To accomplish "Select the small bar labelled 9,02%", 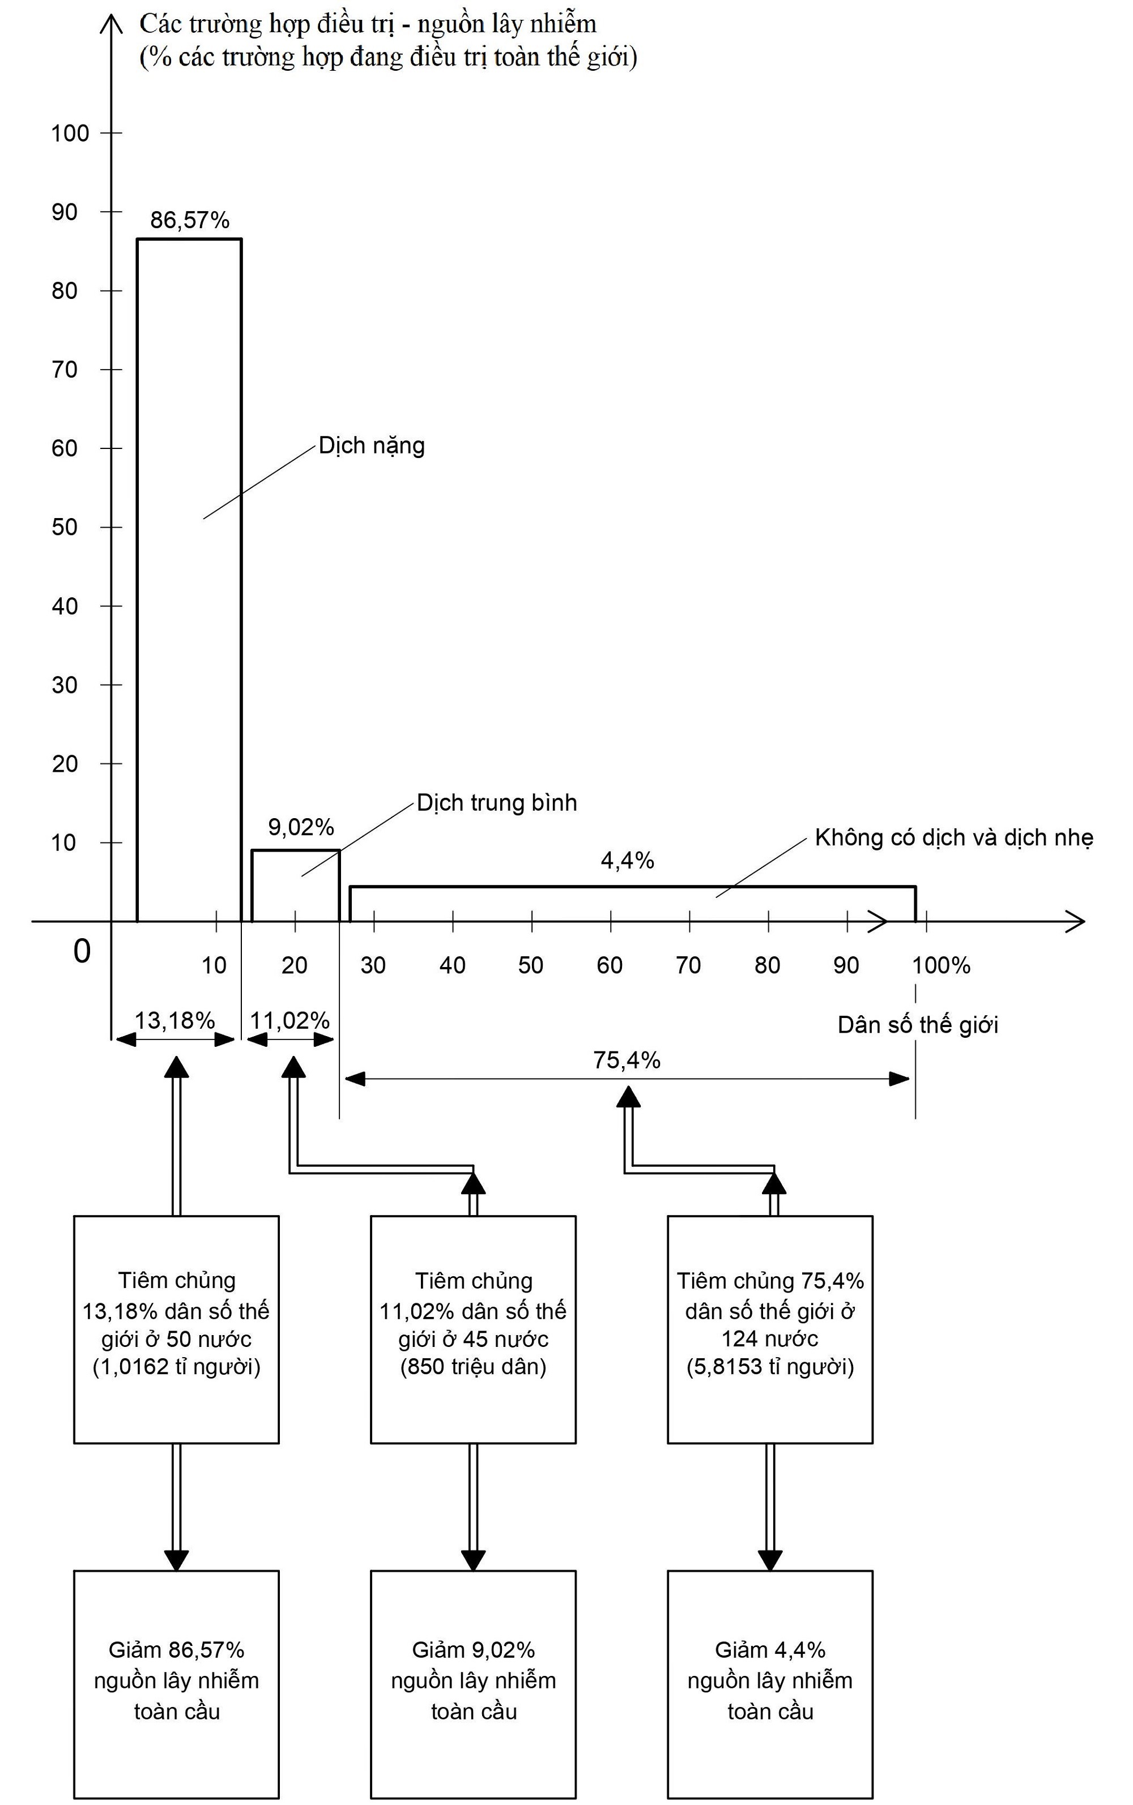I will click(295, 886).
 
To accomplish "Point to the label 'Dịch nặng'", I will click(372, 446).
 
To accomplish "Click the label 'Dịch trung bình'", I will click(497, 803).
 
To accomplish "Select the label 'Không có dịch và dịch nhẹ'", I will click(954, 837).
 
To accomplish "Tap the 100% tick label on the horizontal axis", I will click(941, 965).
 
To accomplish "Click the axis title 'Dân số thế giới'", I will click(918, 1025).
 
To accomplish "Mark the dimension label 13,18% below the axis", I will click(174, 1020).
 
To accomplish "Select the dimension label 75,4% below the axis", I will click(627, 1060).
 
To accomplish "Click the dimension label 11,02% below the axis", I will click(289, 1020).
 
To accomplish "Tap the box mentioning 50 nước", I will click(176, 1329).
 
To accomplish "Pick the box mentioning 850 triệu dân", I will click(473, 1329).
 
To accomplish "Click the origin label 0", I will click(82, 951).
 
